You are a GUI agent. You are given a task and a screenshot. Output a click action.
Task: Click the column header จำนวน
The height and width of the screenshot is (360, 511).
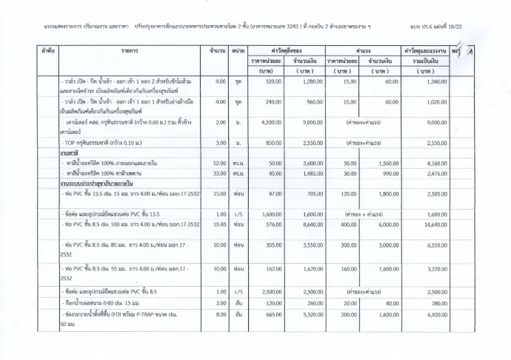(x=218, y=50)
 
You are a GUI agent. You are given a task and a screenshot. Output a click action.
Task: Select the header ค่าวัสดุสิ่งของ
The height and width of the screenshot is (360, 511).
(x=284, y=50)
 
